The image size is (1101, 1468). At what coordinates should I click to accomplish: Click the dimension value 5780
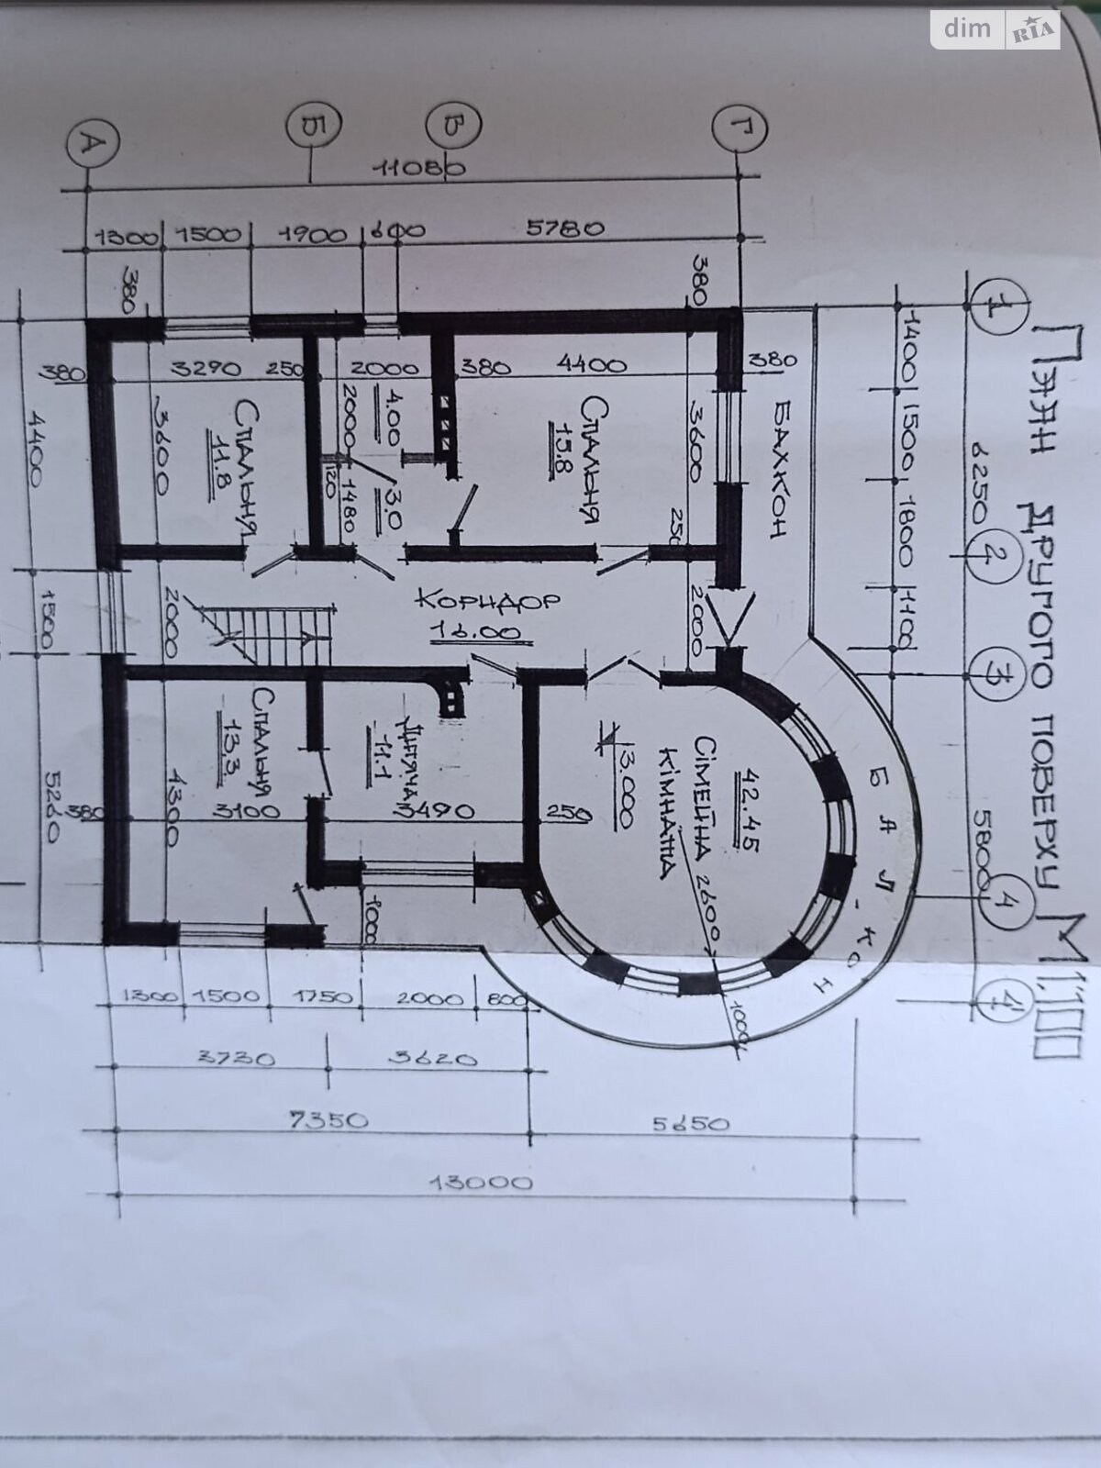point(565,229)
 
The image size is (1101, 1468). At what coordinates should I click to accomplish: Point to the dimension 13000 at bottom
point(484,1182)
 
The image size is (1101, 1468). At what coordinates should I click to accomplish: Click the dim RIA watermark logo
point(995,29)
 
